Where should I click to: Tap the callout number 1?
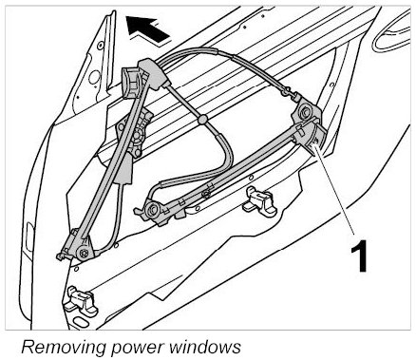(x=359, y=256)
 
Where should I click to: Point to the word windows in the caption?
(x=205, y=346)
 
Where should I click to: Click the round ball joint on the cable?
(x=202, y=120)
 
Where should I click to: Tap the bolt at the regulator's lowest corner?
(x=84, y=253)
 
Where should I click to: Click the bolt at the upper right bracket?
(x=306, y=112)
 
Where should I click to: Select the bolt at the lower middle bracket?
(x=152, y=209)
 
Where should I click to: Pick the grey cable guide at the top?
(x=153, y=74)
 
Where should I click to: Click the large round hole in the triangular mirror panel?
(x=94, y=77)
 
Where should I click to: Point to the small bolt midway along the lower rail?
(x=206, y=194)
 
